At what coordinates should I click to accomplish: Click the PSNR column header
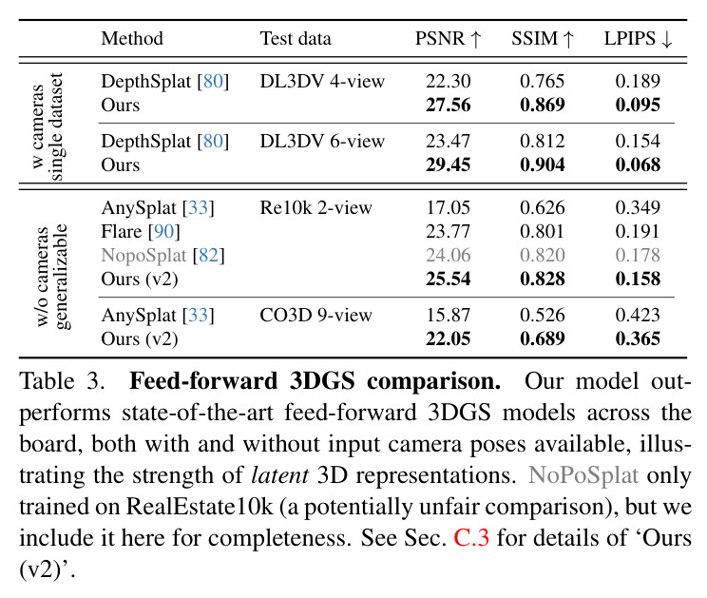449,38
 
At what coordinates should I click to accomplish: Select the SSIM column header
543,38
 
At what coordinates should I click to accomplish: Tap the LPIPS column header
638,38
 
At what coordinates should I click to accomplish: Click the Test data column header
296,38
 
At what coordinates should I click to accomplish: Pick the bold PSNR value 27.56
449,105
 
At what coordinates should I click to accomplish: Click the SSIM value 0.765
542,81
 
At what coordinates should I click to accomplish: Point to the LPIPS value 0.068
638,164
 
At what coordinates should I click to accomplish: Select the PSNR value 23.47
449,141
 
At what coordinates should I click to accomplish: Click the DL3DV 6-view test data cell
322,141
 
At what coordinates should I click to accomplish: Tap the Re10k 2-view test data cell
316,207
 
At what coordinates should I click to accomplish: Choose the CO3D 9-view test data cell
316,315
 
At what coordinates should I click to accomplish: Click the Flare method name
122,231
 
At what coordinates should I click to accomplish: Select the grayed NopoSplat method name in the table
143,255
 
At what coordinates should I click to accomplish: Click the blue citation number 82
208,255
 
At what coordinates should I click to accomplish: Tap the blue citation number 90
164,231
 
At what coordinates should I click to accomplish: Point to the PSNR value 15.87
449,315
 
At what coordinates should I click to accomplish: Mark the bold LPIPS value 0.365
638,338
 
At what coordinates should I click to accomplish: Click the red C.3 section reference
471,537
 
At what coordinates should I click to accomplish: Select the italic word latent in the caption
280,475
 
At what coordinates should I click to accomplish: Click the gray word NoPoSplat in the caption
583,475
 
